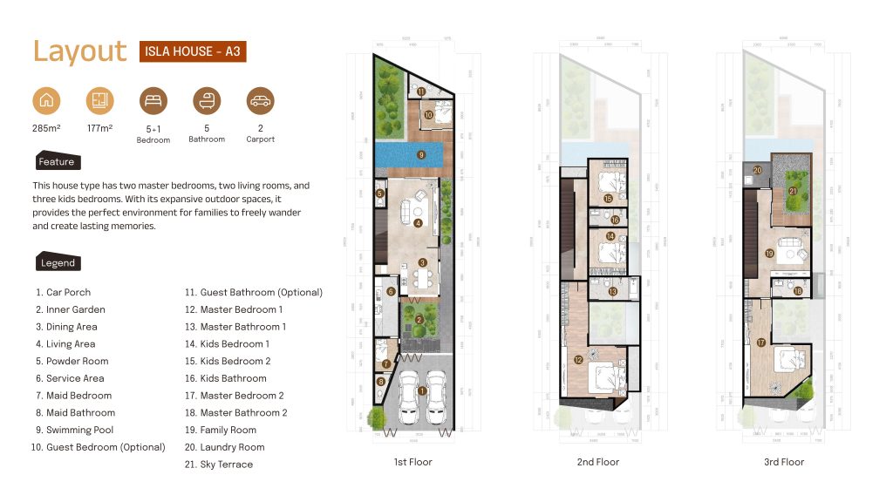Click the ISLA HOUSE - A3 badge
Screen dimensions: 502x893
[191, 51]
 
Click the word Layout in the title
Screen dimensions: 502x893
[80, 51]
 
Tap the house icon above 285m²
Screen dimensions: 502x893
[46, 101]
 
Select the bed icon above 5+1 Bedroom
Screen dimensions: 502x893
[153, 101]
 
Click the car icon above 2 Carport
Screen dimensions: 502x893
[260, 101]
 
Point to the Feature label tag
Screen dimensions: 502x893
[57, 162]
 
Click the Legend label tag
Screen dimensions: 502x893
[58, 262]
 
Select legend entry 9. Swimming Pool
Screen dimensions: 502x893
[74, 430]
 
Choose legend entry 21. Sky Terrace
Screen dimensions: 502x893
[218, 465]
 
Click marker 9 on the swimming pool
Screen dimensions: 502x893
[420, 155]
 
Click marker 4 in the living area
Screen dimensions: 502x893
[419, 223]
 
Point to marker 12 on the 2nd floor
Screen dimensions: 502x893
[578, 359]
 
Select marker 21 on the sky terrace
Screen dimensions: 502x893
[792, 190]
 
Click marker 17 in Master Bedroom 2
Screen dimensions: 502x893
[760, 343]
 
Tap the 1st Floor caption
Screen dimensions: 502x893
[414, 462]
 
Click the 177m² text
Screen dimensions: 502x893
[99, 129]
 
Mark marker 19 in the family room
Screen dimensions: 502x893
[769, 254]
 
